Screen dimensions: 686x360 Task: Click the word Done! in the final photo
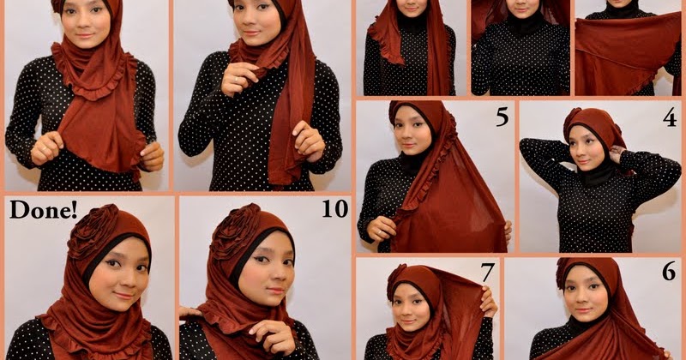(x=44, y=209)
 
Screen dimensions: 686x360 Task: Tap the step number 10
(x=335, y=208)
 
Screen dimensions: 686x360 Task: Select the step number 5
(x=502, y=117)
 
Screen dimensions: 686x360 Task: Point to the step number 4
(x=670, y=117)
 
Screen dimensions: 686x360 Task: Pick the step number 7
(x=487, y=273)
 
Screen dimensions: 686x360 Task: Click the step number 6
(x=669, y=272)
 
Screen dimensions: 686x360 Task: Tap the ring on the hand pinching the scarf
(x=237, y=80)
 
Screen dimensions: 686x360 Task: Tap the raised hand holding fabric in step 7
(x=488, y=302)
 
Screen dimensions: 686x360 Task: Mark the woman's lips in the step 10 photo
(x=275, y=291)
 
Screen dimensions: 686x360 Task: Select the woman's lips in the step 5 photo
(x=408, y=145)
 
